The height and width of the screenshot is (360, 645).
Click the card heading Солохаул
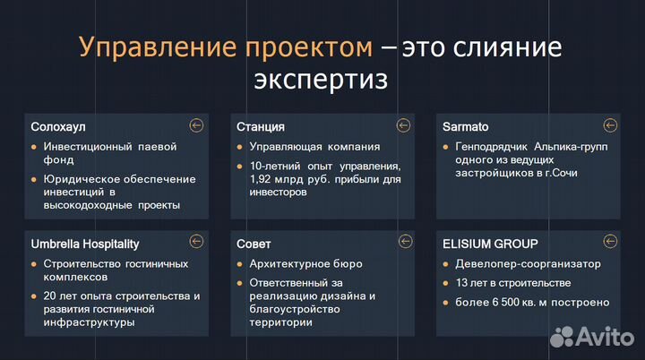[58, 126]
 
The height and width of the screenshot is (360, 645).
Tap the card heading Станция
[261, 126]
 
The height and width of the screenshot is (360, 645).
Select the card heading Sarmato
[466, 126]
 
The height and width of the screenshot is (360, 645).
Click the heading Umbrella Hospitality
[85, 244]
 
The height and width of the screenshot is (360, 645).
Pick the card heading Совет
[254, 244]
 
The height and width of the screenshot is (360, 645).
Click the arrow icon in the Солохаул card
[197, 125]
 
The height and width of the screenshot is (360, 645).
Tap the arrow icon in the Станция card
[404, 125]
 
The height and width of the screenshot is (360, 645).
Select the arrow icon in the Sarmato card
[610, 125]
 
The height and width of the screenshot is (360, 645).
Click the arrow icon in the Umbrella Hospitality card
[197, 242]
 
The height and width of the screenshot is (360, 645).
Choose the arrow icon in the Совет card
[404, 242]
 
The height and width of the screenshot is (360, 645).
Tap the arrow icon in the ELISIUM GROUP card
[610, 242]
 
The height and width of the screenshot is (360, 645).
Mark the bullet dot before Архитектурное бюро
[240, 264]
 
